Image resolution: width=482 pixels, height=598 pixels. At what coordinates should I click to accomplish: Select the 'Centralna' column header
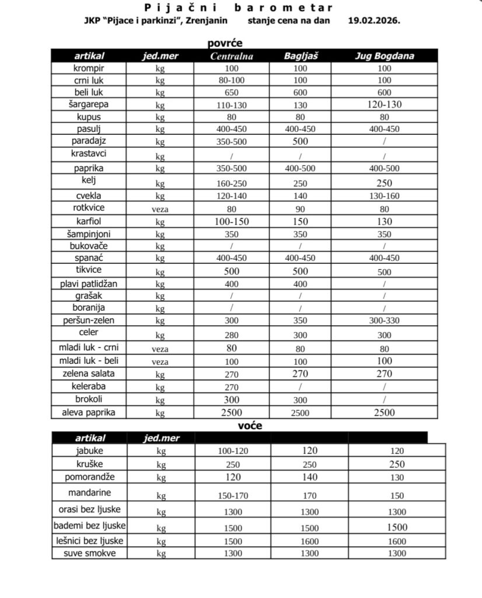coord(232,56)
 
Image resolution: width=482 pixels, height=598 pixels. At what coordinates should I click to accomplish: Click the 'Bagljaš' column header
coord(300,56)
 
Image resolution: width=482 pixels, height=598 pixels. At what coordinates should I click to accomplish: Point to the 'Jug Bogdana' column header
coord(384,56)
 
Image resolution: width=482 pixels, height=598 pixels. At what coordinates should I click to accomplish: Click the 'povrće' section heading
coord(225,43)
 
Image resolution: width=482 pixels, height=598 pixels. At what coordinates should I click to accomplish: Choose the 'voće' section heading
coord(250,426)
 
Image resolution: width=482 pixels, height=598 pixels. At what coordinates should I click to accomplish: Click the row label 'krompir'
coord(89,68)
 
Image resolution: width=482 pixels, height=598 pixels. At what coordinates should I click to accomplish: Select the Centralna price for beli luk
coord(232,93)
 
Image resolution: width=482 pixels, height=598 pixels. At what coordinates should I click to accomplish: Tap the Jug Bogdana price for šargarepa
coord(384,105)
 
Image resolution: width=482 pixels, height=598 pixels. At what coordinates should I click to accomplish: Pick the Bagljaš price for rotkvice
coord(300,208)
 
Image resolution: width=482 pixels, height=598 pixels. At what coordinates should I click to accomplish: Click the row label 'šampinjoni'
coord(89,234)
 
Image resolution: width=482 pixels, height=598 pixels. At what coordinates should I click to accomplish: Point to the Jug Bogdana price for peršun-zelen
coord(384,321)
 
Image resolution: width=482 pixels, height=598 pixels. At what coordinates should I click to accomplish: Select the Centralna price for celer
coord(232,335)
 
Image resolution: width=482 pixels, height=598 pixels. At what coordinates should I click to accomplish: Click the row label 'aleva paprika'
coord(89,412)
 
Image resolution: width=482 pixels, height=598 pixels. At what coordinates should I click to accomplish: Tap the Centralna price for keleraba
coord(232,387)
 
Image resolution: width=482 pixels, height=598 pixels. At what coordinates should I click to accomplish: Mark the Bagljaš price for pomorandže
coord(309,478)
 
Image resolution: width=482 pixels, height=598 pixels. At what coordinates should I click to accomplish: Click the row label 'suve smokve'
coord(89,552)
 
